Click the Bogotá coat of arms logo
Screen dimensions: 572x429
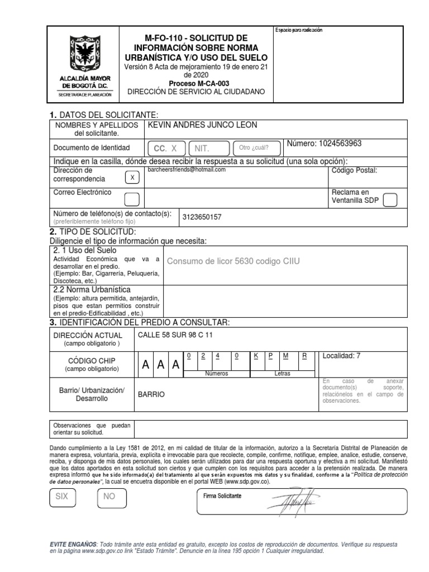pos(86,57)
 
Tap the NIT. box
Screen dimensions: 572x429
pos(209,148)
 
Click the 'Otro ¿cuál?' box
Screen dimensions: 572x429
pos(254,148)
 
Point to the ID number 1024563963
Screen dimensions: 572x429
pos(324,144)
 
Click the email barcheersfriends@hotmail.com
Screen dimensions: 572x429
pos(186,169)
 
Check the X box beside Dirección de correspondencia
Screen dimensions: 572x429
pos(132,178)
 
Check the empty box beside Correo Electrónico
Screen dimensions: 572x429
pos(132,199)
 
